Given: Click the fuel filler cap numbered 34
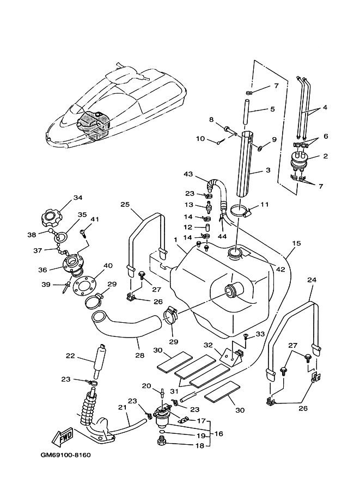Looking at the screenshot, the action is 52,217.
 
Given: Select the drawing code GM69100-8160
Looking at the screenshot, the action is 66,456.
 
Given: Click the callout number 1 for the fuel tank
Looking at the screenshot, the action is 175,240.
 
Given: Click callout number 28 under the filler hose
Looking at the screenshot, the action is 139,355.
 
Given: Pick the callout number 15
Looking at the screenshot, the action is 296,243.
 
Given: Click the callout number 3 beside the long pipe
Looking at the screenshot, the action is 268,170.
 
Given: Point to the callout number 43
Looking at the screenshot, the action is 188,174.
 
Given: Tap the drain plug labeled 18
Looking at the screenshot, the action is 163,441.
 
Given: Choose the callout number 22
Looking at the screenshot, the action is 70,356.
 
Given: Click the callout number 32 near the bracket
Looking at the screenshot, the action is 208,345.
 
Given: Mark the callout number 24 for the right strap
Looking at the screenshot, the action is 312,280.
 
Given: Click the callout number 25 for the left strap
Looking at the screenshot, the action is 125,205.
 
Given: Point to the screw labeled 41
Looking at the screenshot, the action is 83,234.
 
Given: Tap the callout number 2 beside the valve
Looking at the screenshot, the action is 326,156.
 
